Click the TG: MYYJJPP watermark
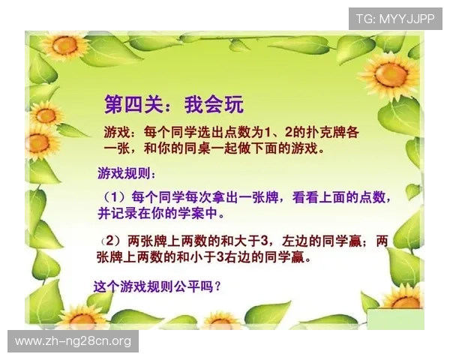click(x=394, y=18)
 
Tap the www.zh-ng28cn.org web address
click(x=73, y=341)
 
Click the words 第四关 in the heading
click(x=128, y=103)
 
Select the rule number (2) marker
click(x=112, y=241)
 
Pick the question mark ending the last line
click(x=216, y=286)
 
